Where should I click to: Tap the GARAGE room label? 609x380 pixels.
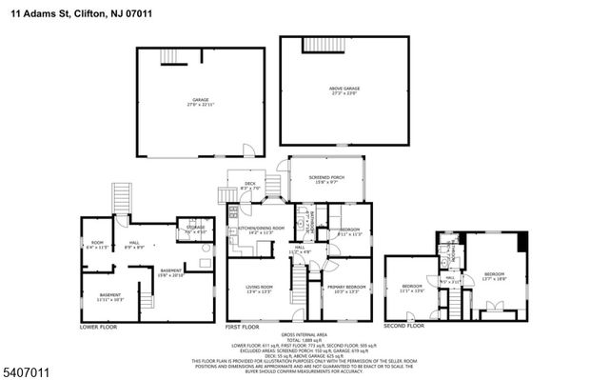coord(201,100)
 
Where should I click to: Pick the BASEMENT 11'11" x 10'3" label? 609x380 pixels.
coord(110,296)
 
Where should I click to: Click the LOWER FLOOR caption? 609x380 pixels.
coord(100,326)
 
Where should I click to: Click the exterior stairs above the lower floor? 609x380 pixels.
coord(121,198)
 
